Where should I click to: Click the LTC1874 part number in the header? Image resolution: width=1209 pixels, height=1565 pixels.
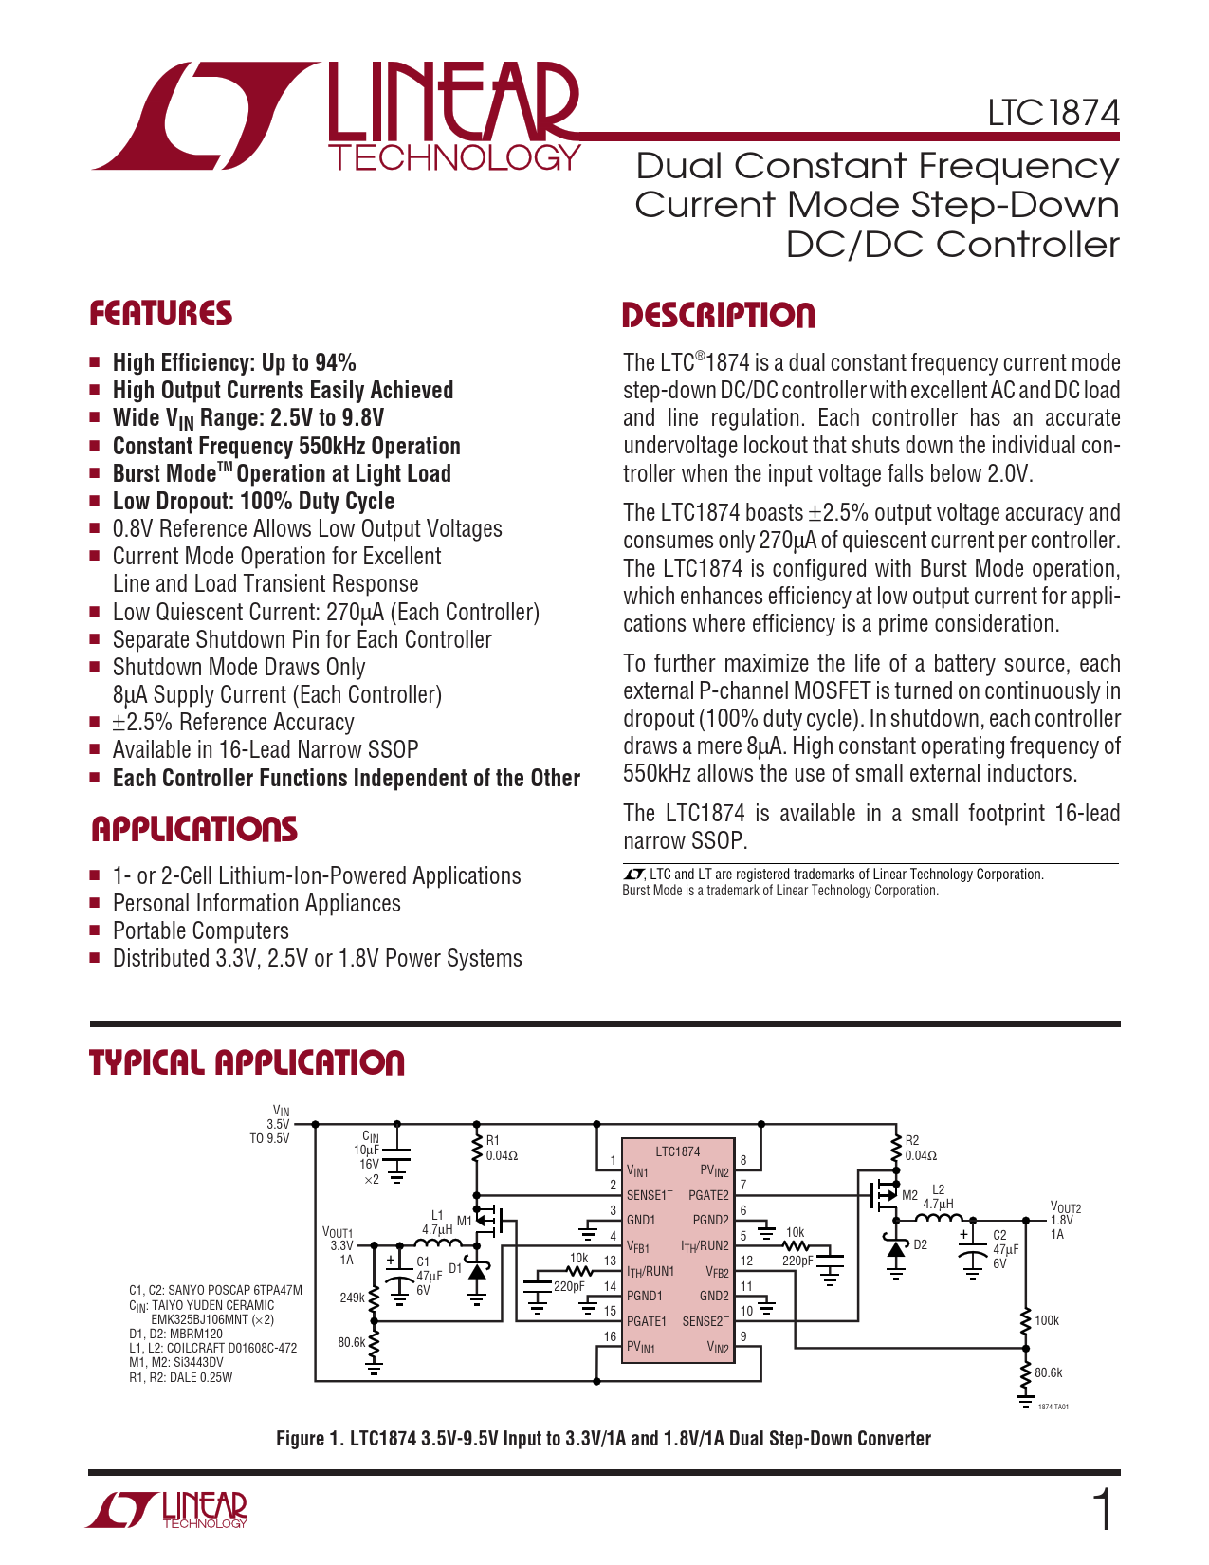coord(1053,113)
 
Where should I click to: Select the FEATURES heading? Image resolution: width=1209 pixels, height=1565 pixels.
coord(160,314)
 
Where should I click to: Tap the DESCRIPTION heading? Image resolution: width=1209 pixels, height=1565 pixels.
coord(718,316)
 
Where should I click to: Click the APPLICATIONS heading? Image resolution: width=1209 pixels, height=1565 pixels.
coord(193,830)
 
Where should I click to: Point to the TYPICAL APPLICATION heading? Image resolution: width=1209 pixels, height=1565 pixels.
coord(247,1062)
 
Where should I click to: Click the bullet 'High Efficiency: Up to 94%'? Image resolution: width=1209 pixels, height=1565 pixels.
coord(234,363)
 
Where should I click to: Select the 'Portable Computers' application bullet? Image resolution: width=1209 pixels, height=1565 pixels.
coord(200,931)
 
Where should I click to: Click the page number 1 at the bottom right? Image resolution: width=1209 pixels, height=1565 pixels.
coord(1103,1510)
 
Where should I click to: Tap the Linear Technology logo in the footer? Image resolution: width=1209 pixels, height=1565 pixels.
coord(167,1510)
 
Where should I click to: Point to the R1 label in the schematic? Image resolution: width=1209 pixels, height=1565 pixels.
coord(492,1140)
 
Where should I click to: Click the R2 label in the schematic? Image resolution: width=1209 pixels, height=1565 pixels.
coord(912,1140)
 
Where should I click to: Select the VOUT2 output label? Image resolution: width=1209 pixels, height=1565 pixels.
coord(1066,1208)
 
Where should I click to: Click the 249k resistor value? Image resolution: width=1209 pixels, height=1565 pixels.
coord(352,1298)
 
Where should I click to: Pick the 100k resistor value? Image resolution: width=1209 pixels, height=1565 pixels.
coord(1047,1320)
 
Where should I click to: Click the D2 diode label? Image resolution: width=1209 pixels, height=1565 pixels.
coord(920,1244)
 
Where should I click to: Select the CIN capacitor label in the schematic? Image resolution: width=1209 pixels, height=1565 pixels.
coord(371,1136)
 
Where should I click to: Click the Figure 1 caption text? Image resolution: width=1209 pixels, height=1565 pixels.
coord(603,1439)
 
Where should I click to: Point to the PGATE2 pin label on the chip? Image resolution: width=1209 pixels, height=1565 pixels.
coord(708,1196)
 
